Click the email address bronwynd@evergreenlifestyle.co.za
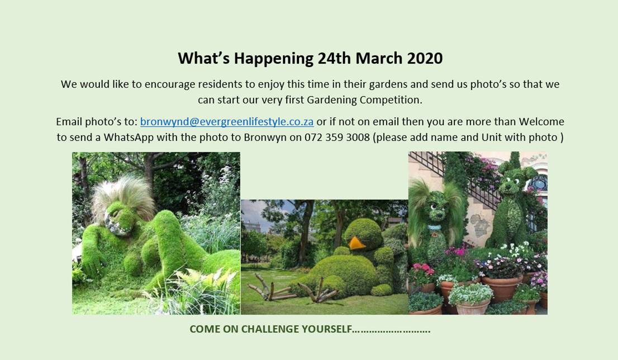[x=227, y=122]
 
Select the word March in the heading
[x=379, y=58]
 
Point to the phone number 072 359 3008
[x=337, y=137]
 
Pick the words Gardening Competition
[x=364, y=100]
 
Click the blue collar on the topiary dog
[x=434, y=228]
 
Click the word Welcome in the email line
[x=541, y=121]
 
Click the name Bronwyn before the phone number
[x=265, y=138]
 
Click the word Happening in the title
[x=274, y=59]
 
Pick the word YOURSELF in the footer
[x=326, y=329]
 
